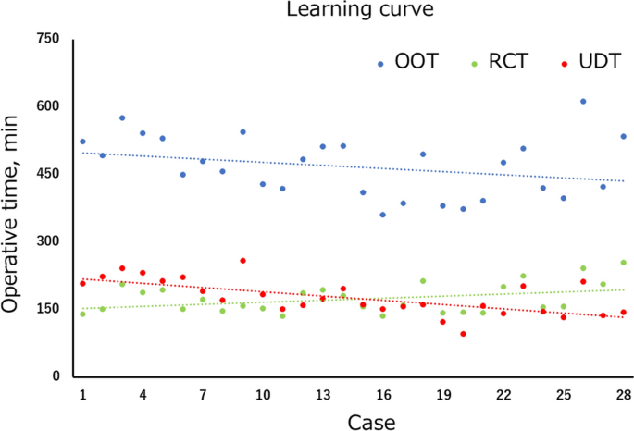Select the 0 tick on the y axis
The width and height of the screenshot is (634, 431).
click(55, 376)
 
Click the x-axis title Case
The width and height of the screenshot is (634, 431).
click(372, 422)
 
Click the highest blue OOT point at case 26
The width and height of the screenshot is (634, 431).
click(583, 101)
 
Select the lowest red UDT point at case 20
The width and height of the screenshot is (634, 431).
click(463, 334)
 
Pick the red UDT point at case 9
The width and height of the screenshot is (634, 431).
click(242, 261)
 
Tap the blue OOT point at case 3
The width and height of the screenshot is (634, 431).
click(122, 117)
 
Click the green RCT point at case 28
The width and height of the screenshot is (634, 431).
click(624, 263)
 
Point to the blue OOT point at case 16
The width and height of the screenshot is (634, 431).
click(382, 215)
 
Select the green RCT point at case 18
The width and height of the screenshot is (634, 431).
click(423, 281)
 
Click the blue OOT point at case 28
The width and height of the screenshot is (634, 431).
click(624, 136)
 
